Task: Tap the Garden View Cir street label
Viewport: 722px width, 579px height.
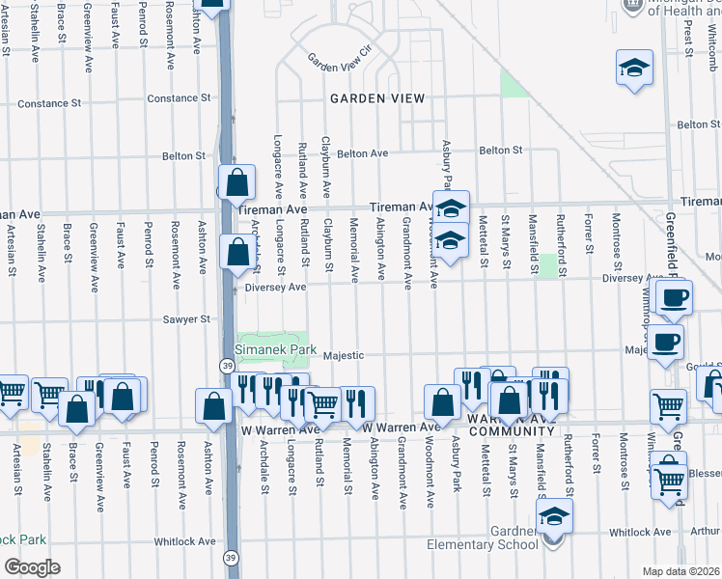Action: click(x=339, y=58)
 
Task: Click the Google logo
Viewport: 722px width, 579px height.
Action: click(x=32, y=567)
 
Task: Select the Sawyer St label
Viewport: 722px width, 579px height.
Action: click(x=186, y=318)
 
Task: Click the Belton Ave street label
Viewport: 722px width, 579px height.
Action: click(x=362, y=152)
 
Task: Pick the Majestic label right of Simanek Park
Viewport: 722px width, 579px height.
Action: click(x=344, y=354)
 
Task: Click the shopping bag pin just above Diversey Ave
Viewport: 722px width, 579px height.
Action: click(x=236, y=252)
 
